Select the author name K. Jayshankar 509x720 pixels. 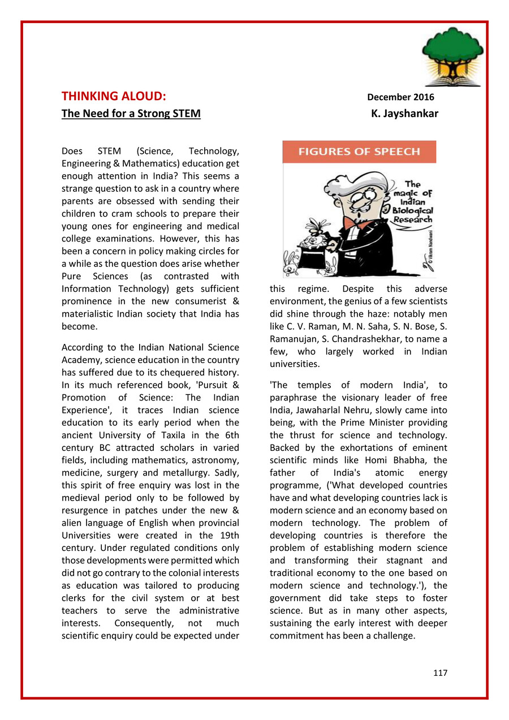[x=404, y=114]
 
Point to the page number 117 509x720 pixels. [x=441, y=672]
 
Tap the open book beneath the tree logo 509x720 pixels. [x=453, y=81]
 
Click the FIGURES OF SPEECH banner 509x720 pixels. [x=359, y=152]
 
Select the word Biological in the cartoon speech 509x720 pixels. [x=413, y=211]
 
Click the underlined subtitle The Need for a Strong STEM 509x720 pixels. [x=131, y=114]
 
